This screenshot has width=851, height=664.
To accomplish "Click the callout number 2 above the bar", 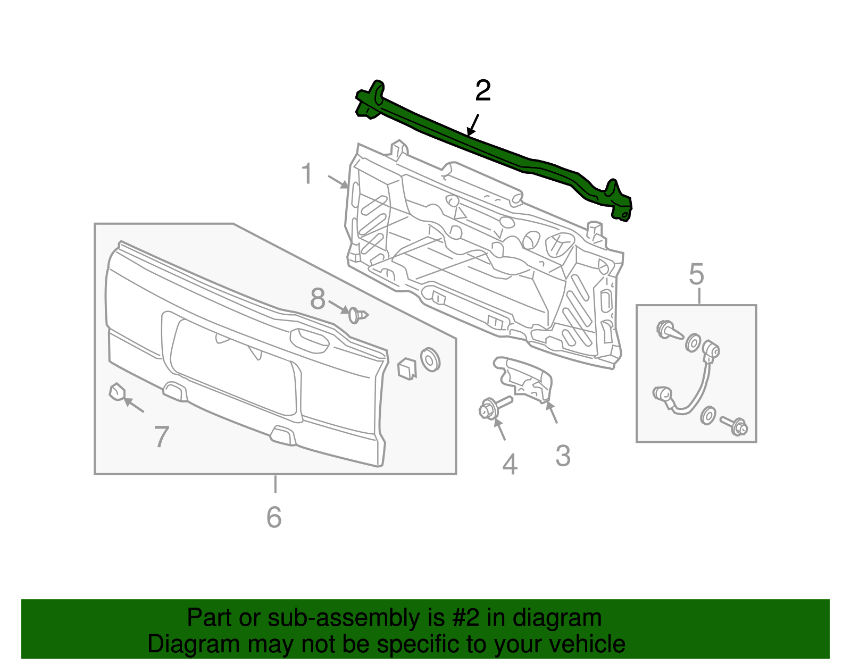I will click(x=482, y=91).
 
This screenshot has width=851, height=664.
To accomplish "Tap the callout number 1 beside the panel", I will click(x=307, y=174).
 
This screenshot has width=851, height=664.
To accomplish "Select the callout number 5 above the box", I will click(x=696, y=275).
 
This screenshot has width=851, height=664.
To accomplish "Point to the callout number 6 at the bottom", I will click(x=274, y=517).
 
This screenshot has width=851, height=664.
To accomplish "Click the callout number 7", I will click(x=162, y=436).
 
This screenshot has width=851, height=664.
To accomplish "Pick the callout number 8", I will click(x=318, y=299).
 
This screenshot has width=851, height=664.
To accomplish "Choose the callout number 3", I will click(x=563, y=456).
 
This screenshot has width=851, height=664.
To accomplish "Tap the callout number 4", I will click(x=510, y=464).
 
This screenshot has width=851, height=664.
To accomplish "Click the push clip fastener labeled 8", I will click(x=357, y=315).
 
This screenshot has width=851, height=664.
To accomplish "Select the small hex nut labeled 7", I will click(x=116, y=392).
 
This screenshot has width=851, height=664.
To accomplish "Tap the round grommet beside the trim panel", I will click(x=430, y=359).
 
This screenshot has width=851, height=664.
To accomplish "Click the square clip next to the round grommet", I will click(x=406, y=368).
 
